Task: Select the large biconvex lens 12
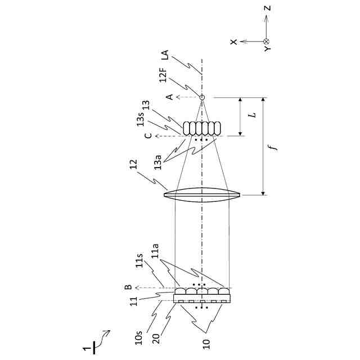pos(202,195)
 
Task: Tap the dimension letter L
pos(254,115)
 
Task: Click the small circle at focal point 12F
pos(202,97)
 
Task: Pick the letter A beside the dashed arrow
pos(169,97)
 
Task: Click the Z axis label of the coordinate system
pos(268,8)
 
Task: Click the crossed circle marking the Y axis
pos(267,42)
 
